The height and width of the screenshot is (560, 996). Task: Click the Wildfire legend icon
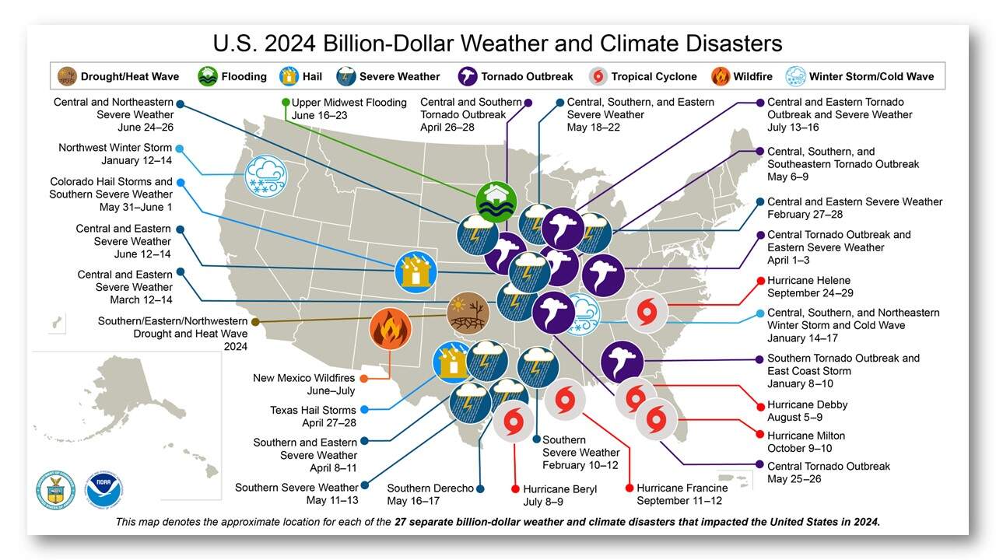(x=720, y=76)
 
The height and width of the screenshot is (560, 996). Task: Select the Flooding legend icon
(x=208, y=76)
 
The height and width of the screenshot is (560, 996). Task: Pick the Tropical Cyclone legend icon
(x=598, y=76)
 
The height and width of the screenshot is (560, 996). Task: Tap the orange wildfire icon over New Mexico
(x=390, y=328)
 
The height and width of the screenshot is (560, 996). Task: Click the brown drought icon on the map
(x=468, y=313)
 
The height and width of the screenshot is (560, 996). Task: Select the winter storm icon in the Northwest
(x=265, y=178)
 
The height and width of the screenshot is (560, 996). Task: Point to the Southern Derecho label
(x=430, y=488)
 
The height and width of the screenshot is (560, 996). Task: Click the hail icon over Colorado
(x=416, y=271)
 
